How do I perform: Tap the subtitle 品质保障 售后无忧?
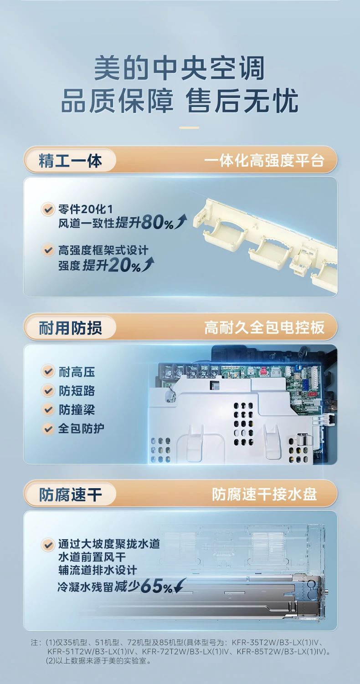tap(180, 101)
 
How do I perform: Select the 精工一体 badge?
tap(70, 161)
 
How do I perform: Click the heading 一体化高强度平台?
tap(264, 161)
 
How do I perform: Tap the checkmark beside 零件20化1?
tap(47, 210)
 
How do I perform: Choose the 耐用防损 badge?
tap(70, 328)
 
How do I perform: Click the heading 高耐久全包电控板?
tap(264, 328)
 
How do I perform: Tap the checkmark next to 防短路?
tap(47, 391)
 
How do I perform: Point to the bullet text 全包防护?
tap(81, 429)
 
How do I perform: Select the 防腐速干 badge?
tap(70, 495)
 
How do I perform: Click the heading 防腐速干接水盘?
tap(264, 495)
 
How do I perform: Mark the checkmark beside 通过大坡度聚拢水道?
tap(47, 545)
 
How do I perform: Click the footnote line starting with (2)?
tap(98, 661)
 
